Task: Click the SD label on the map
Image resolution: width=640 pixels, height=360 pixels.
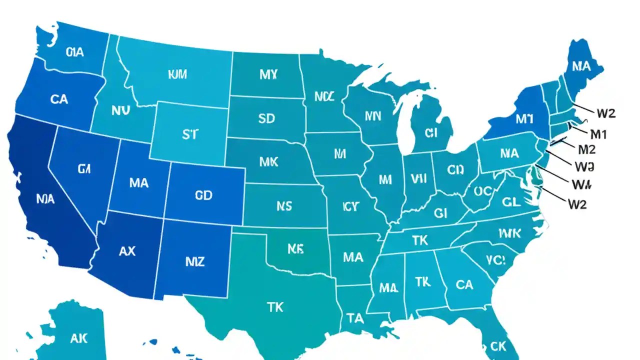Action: tap(266, 118)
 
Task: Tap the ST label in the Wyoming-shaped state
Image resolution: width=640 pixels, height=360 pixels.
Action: tap(189, 134)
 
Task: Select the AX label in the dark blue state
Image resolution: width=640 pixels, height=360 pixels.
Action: tap(127, 251)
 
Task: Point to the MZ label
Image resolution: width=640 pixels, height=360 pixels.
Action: tap(194, 261)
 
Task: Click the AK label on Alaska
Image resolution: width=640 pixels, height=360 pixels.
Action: tap(78, 338)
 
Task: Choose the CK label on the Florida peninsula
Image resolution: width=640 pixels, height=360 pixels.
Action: tap(498, 345)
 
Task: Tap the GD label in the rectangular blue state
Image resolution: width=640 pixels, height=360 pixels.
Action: tap(203, 195)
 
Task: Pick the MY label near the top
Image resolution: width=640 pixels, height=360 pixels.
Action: tap(268, 75)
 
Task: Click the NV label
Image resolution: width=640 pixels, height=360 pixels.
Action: tap(120, 111)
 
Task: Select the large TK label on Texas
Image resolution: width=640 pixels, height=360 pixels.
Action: tap(275, 307)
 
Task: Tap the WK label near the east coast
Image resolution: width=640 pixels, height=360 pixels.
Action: tap(509, 233)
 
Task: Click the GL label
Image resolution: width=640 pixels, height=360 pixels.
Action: tap(511, 202)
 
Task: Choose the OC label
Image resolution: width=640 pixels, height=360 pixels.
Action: tap(483, 190)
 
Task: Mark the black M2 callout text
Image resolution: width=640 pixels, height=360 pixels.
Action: tap(586, 149)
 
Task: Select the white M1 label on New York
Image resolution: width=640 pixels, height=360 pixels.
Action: tap(524, 119)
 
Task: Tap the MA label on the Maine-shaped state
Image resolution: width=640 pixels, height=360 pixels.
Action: tap(581, 66)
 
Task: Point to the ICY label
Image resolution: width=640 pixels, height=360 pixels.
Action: tap(350, 206)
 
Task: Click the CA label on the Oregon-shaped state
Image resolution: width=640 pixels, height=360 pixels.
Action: tap(59, 99)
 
